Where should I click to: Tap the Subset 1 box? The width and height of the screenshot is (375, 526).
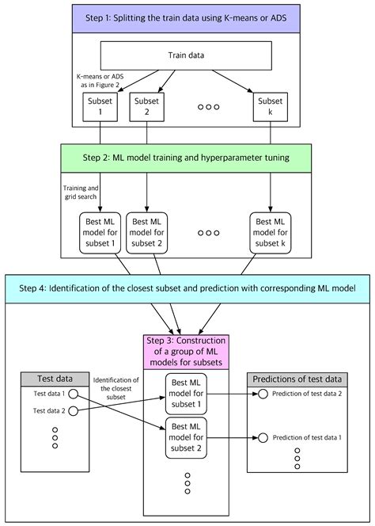[99, 105]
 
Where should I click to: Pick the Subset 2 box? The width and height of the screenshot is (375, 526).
[147, 105]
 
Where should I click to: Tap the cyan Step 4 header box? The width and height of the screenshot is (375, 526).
[187, 288]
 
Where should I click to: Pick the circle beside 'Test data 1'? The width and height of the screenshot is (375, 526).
[74, 394]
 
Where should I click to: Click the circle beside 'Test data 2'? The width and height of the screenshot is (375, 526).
[74, 410]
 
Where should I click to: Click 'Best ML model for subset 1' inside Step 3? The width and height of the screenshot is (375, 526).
[187, 393]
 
